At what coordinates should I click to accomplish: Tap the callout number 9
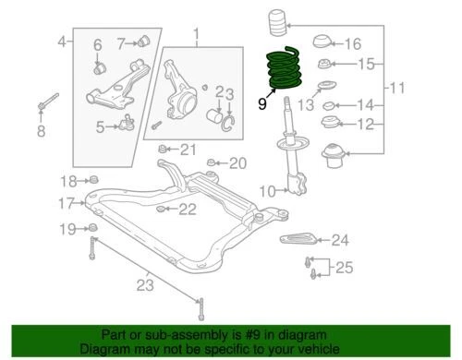pyautogui.click(x=262, y=105)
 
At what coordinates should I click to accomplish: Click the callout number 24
pyautogui.click(x=340, y=241)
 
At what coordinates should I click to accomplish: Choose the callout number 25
pyautogui.click(x=344, y=269)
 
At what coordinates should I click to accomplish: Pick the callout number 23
pyautogui.click(x=144, y=284)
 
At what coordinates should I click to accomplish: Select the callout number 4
pyautogui.click(x=61, y=42)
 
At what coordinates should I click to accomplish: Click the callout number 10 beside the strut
pyautogui.click(x=266, y=192)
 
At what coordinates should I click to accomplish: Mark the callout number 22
pyautogui.click(x=188, y=210)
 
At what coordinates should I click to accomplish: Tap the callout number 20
pyautogui.click(x=237, y=164)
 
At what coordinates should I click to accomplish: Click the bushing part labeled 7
pyautogui.click(x=145, y=41)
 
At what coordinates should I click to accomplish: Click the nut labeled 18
pyautogui.click(x=93, y=179)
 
